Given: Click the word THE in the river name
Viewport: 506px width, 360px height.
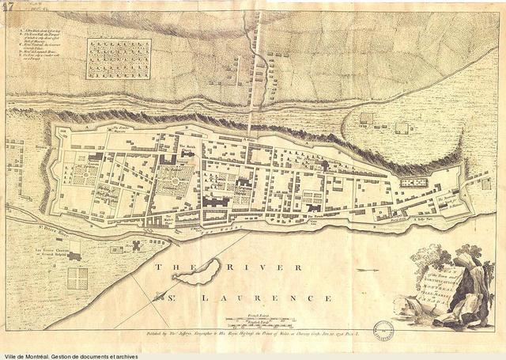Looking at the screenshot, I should [168, 268].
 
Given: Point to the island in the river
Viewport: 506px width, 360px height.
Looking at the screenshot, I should [197, 274].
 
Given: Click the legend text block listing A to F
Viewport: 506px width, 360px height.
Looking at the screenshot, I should [47, 47].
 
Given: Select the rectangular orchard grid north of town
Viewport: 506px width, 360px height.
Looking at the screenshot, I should [119, 59].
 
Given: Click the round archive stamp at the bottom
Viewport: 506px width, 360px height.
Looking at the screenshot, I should [383, 328].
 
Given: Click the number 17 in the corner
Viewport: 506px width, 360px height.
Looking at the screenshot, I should [9, 8].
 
